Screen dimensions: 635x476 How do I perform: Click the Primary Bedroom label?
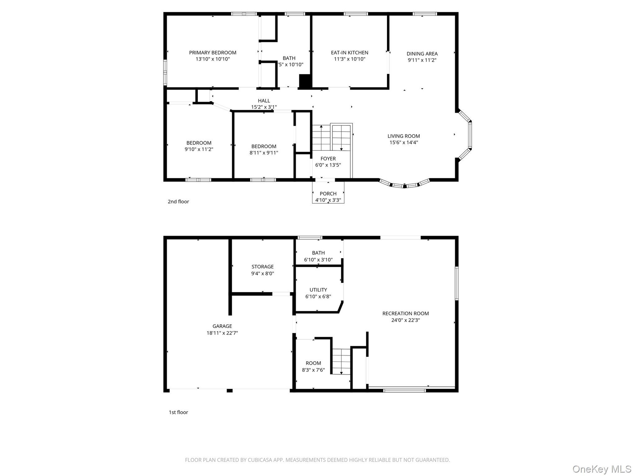pos(213,53)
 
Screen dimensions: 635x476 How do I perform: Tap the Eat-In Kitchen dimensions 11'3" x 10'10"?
pos(350,59)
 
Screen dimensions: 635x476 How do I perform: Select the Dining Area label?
pos(422,54)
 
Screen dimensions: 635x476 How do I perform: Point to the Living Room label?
pos(404,136)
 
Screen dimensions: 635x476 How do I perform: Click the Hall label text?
pos(264,100)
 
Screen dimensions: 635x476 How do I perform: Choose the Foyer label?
pos(328,159)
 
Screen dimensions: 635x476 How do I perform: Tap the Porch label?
pos(328,194)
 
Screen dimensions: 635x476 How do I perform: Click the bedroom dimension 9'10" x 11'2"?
pos(199,149)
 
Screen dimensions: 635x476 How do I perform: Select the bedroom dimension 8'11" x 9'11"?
pos(264,153)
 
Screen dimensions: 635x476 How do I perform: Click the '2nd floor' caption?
pos(178,202)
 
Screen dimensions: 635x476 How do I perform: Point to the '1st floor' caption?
pos(178,412)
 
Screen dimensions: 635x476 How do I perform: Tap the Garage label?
pos(222,326)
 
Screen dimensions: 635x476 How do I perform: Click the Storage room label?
pos(263,267)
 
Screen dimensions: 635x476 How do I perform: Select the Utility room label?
pos(318,290)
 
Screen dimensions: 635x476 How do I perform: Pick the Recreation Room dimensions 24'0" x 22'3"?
pos(405,320)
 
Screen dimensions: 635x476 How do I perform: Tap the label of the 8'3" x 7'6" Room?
pos(313,363)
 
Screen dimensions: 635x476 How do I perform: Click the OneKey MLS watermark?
pos(602,469)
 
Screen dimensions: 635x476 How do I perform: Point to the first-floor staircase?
pos(341,361)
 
